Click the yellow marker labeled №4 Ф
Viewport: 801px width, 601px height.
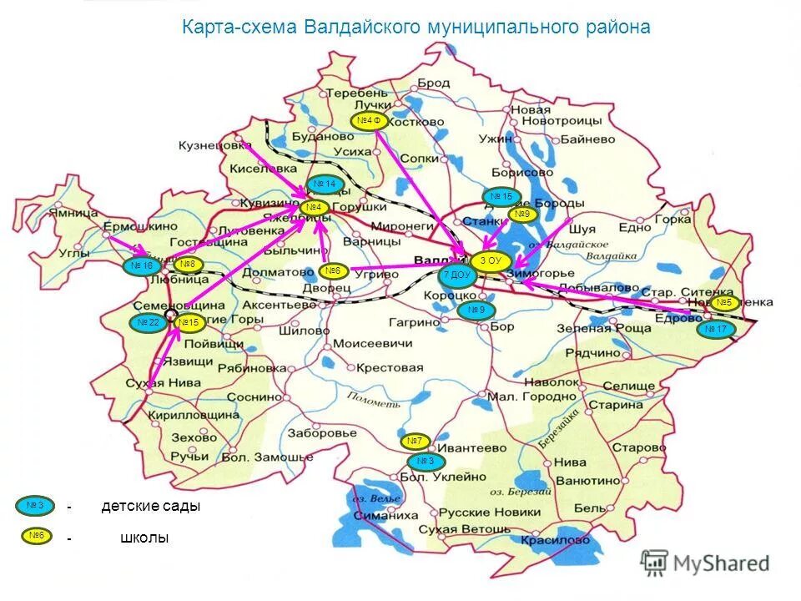368,122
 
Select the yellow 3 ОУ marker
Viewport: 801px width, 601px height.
490,261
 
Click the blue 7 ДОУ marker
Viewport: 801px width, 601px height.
456,275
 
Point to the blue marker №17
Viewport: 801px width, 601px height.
715,330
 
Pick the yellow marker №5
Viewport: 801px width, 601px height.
723,303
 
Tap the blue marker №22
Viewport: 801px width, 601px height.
149,323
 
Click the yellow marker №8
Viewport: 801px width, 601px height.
189,265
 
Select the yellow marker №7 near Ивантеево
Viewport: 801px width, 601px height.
415,441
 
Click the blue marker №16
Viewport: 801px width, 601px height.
144,266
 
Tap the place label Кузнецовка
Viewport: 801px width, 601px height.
214,145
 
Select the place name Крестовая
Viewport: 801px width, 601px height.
389,367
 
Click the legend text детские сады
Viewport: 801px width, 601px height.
151,507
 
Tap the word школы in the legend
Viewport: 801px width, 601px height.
144,538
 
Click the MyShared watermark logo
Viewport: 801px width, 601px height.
705,563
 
